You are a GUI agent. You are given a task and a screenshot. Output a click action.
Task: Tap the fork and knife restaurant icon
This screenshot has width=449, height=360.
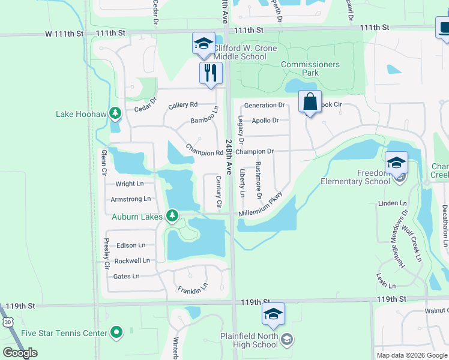[211, 74]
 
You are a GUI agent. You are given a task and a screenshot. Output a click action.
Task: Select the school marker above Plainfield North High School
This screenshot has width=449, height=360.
[273, 314]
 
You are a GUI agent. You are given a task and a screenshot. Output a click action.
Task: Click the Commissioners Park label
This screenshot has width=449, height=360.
[310, 68]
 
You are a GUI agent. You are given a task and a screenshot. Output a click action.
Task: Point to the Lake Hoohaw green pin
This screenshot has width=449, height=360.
[115, 113]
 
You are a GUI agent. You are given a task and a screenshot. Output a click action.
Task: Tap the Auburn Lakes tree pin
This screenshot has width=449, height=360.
[173, 214]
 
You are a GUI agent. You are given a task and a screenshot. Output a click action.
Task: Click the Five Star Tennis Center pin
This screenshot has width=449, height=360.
[116, 332]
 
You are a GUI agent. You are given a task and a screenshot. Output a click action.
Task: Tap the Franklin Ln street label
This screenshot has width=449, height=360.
[193, 289]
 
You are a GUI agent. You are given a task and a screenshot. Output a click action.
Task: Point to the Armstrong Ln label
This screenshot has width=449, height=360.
[130, 199]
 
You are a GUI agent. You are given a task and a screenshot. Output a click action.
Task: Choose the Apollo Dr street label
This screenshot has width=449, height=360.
[265, 120]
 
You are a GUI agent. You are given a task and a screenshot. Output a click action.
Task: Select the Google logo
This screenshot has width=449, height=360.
[20, 353]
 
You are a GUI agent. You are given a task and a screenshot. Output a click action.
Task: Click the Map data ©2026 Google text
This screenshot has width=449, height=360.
[411, 355]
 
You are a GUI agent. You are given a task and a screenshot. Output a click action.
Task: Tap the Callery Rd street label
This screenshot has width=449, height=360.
[183, 104]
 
